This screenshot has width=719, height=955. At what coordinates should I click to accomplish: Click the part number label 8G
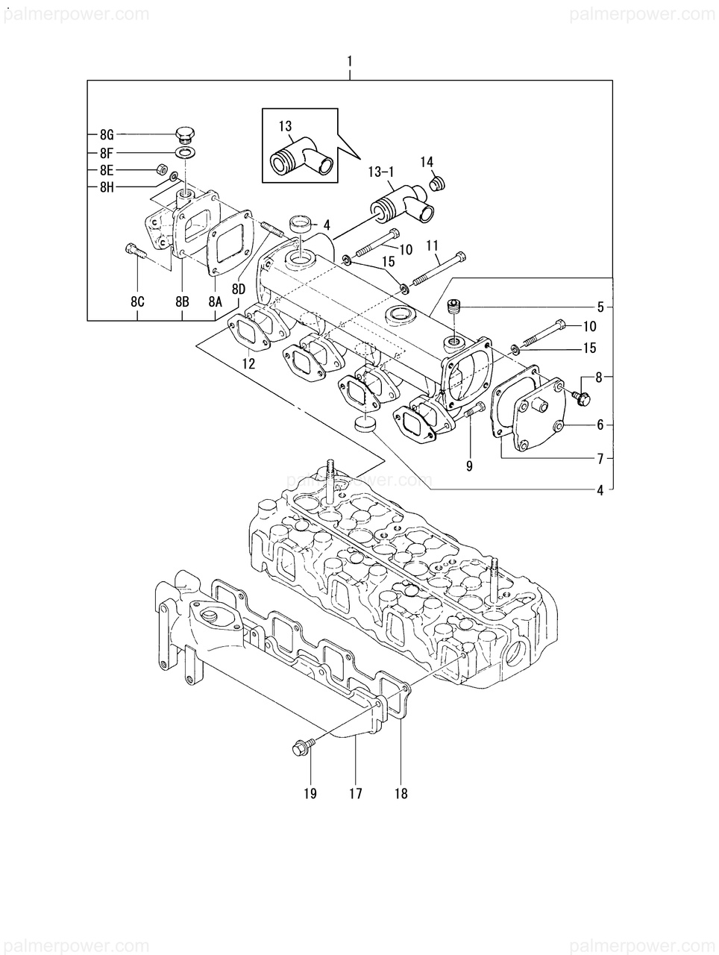[x=107, y=135]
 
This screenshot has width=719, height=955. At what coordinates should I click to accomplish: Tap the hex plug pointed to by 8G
[x=186, y=135]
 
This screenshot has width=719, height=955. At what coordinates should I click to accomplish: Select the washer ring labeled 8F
[x=186, y=153]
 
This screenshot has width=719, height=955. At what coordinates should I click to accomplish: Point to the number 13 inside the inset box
[x=286, y=127]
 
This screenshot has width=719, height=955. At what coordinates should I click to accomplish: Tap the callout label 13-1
[x=381, y=172]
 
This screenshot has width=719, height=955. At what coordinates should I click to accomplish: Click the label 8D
[x=239, y=289]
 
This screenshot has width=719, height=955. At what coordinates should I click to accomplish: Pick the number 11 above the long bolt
[x=432, y=245]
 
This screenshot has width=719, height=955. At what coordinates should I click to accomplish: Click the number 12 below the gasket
[x=249, y=363]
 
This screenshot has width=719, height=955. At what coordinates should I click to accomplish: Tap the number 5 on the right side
[x=600, y=307]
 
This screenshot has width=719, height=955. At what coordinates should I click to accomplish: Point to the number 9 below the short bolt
[x=469, y=466]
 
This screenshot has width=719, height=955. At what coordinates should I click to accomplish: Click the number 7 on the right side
[x=600, y=459]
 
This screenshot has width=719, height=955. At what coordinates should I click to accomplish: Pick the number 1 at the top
[x=350, y=62]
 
